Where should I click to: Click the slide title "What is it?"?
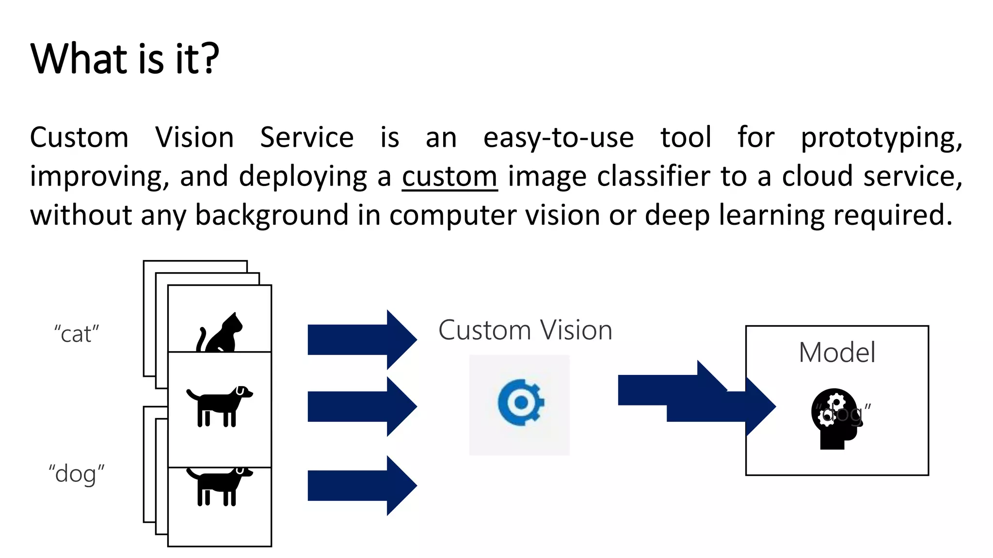point(125,59)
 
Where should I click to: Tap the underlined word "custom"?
point(449,176)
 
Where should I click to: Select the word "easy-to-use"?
point(559,138)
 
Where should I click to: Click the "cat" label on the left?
point(77,334)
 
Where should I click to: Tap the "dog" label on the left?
point(77,474)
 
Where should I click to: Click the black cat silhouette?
point(221,333)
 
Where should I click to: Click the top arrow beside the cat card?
point(361,340)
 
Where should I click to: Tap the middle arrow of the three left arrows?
point(361,406)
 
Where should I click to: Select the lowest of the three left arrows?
point(361,485)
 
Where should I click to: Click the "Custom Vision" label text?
point(525,330)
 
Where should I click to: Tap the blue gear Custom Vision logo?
point(520,403)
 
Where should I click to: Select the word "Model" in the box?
point(837,352)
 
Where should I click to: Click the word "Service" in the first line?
point(307,138)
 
